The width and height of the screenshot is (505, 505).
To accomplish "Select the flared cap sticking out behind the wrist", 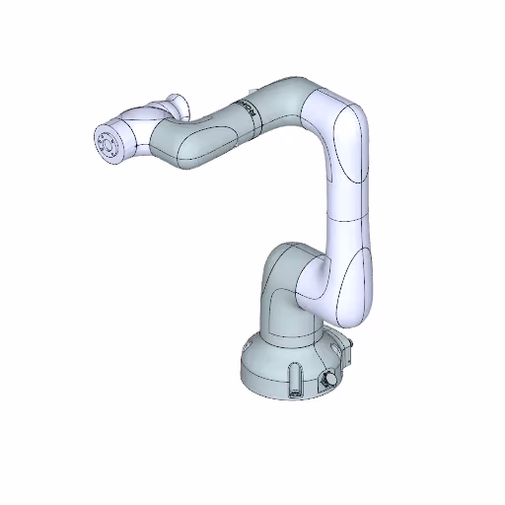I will (176, 104).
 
